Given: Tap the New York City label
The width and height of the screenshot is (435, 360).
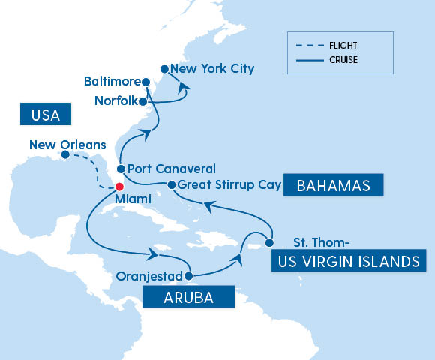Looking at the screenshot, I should [x=212, y=69].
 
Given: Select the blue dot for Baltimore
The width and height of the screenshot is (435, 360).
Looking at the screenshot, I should [x=146, y=81].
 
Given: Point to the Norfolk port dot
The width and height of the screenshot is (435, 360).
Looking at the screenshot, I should [x=143, y=100].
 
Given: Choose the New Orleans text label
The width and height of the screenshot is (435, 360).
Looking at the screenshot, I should [x=67, y=143].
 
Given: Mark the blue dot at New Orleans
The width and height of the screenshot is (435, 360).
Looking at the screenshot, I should [x=65, y=156].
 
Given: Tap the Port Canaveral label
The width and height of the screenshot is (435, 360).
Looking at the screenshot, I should [x=171, y=169].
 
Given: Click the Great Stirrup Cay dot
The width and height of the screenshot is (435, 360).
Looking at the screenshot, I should [x=172, y=184].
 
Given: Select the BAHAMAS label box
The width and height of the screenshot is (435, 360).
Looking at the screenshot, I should [x=333, y=185].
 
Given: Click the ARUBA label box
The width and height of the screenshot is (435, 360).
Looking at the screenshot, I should [x=188, y=298].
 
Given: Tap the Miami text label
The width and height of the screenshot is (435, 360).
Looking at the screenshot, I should [x=132, y=199].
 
